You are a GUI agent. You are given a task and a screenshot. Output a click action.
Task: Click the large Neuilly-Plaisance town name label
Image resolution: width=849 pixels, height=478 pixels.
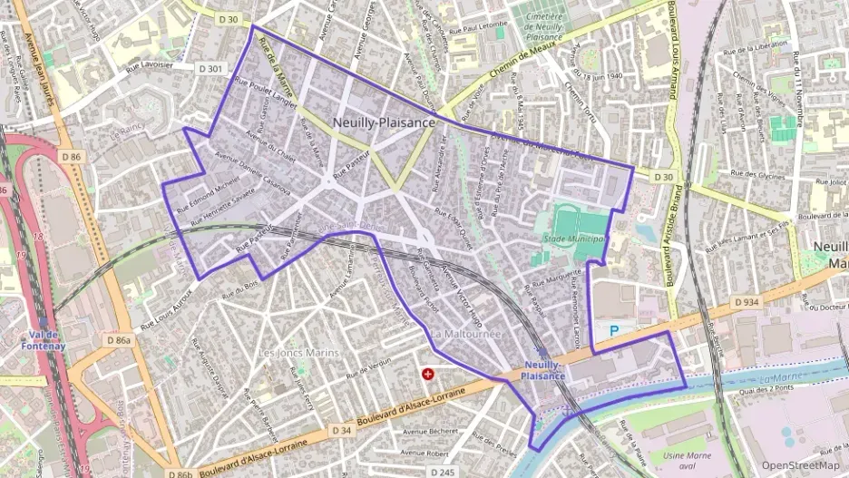point(384,122)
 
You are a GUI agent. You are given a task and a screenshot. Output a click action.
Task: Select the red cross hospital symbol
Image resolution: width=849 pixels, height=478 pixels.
point(428,373)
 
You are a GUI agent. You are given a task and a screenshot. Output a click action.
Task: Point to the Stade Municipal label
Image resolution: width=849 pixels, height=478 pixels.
point(574,239)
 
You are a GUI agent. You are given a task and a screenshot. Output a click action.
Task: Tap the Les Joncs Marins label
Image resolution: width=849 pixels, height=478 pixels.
point(298,352)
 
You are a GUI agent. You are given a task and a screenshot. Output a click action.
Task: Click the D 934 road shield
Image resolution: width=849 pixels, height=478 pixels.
point(747,301)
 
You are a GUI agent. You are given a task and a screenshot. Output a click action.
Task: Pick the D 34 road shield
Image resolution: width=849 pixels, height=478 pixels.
point(341,429)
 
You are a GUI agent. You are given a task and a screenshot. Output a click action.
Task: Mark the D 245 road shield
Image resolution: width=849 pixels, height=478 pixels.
point(443,473)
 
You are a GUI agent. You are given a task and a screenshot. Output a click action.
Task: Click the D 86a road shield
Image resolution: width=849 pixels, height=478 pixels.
point(118,340)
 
